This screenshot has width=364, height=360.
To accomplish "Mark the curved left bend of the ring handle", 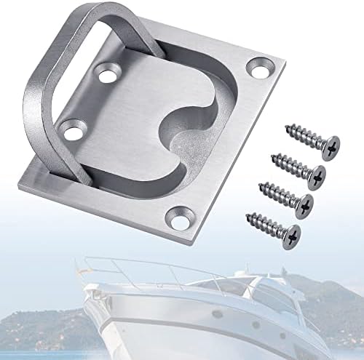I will coord(33,124).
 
